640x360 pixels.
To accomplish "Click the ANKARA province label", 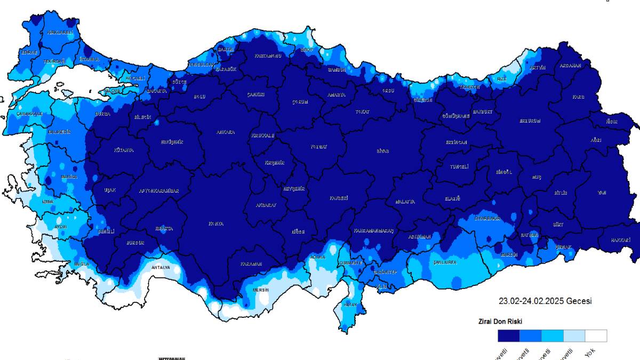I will tap(225, 132).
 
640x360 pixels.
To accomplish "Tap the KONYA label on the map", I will tap(215, 224).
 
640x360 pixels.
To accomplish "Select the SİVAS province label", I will tap(382, 151).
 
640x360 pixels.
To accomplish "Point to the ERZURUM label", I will tap(530, 121).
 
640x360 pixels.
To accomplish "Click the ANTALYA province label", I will tap(161, 267).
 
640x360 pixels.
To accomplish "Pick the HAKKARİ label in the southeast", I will tap(621, 241).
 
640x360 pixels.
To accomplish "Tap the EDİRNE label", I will tap(29, 52).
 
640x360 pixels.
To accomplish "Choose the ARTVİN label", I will tap(538, 68).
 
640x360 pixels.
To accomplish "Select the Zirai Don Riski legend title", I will tap(500, 322).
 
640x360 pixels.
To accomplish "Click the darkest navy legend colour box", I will tap(508, 335).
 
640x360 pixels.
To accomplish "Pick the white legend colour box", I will tap(596, 335).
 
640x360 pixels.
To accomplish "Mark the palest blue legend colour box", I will tap(574, 335).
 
